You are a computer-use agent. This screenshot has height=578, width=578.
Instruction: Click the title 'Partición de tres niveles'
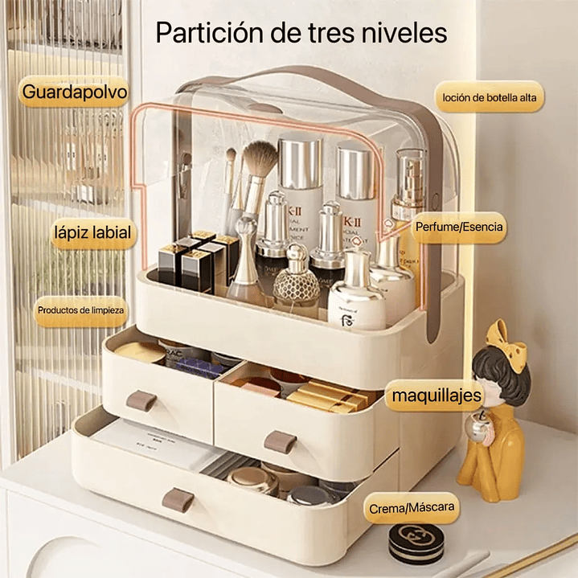click(x=301, y=34)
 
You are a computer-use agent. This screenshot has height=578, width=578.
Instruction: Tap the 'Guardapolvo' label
click(x=75, y=92)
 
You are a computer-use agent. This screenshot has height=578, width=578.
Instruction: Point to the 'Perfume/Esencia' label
click(x=459, y=228)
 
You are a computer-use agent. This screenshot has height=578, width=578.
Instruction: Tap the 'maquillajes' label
click(x=436, y=396)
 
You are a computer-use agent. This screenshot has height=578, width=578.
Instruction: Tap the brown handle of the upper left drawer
click(x=141, y=400)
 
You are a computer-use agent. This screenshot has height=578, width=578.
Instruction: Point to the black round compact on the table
click(x=416, y=543)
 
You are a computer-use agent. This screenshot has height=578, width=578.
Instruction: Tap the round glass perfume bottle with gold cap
click(x=292, y=278)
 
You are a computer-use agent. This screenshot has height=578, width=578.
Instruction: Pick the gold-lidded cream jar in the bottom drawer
click(x=252, y=479)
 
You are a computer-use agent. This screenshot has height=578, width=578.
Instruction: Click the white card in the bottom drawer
click(x=153, y=445)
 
